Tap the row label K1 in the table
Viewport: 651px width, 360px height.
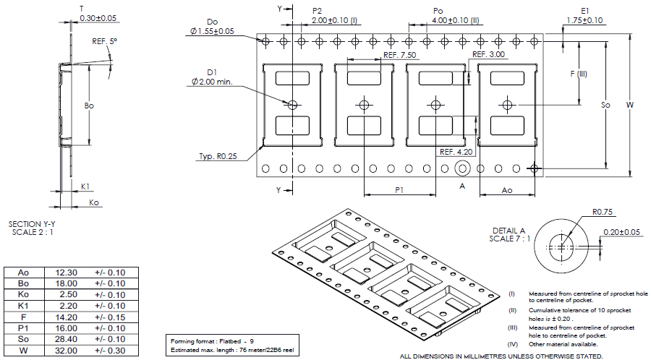(23, 306)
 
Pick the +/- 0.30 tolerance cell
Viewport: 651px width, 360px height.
(110, 351)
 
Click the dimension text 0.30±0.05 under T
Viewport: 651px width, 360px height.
(98, 17)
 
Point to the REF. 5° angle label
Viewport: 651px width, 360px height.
(104, 42)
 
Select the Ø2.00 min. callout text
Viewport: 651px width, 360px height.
(212, 82)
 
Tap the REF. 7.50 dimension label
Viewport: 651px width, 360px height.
(400, 55)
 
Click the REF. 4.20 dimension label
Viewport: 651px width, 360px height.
(456, 152)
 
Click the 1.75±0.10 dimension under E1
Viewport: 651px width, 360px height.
(585, 20)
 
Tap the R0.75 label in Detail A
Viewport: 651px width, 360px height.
(603, 213)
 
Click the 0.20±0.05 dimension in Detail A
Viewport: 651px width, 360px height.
(621, 232)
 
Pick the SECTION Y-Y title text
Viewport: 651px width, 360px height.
(32, 224)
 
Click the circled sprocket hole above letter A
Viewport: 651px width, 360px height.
(462, 168)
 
